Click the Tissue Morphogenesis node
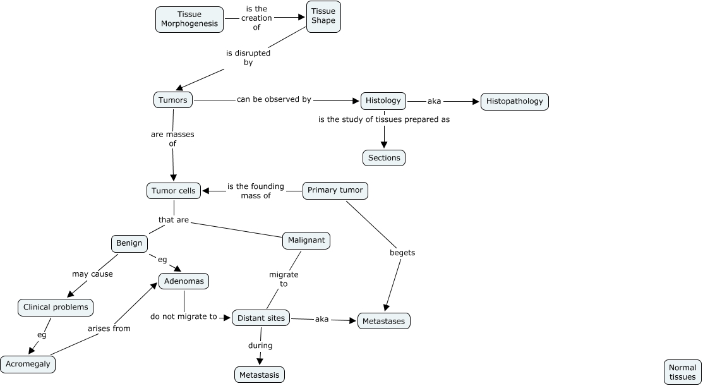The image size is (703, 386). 189,19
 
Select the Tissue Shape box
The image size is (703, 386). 323,16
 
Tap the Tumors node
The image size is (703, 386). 173,100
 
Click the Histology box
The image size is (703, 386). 383,100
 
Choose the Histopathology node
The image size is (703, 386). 514,101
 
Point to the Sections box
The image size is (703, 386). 384,158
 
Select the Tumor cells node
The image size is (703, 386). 174,191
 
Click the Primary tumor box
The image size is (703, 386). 335,190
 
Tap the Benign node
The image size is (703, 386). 129,243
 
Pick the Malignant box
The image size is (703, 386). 306,240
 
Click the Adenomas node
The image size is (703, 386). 184,281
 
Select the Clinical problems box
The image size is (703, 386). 56,308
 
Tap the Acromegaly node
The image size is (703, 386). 28,365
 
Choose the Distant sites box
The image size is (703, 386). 261,318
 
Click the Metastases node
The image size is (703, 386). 384,321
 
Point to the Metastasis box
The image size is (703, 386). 260,375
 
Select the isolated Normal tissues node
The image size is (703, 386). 682,372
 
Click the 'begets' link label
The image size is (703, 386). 402,253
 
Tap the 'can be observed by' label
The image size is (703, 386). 274,100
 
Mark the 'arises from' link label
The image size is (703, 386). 109,329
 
